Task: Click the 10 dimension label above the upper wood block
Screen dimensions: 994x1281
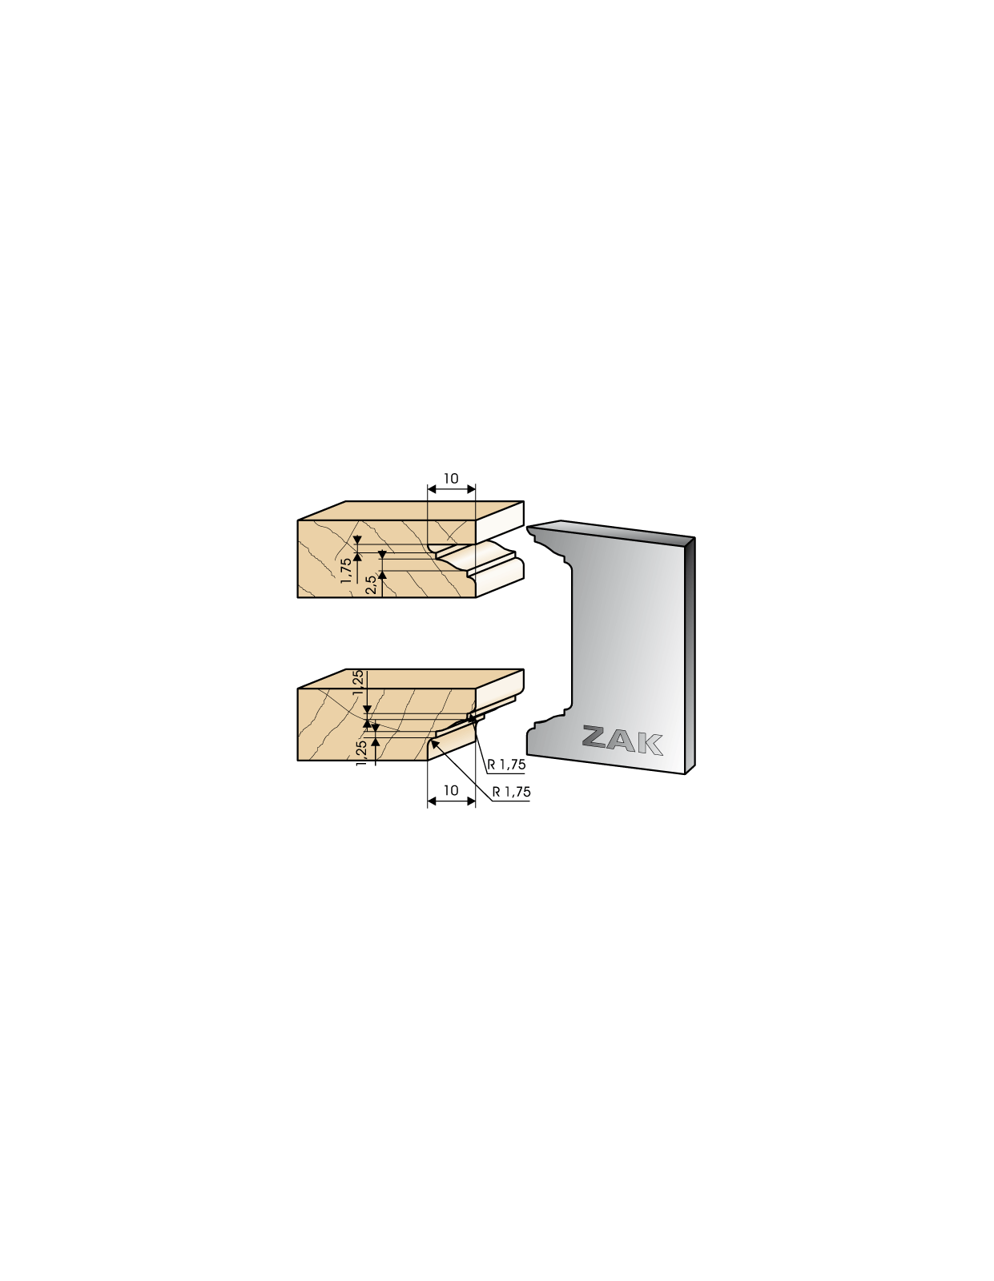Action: tap(450, 479)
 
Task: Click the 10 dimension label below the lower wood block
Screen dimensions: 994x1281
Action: tap(450, 790)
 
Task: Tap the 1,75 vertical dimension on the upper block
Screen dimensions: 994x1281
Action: tap(346, 570)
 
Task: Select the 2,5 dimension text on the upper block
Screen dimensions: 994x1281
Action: tap(371, 587)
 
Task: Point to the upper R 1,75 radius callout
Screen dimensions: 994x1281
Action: tap(506, 765)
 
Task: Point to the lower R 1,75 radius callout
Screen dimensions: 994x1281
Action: tap(512, 792)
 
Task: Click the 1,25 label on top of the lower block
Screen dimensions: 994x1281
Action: tap(358, 683)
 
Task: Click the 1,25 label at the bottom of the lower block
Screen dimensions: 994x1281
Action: tap(362, 753)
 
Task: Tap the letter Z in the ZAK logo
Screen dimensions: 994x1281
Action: tap(598, 737)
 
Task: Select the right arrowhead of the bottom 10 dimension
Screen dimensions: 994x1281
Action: tap(471, 801)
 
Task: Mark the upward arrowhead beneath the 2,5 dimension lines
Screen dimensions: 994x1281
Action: tap(382, 575)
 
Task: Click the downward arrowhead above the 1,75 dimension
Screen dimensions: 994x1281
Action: tap(356, 540)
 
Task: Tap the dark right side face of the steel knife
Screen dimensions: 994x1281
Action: tap(690, 654)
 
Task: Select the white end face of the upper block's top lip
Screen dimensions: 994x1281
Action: tap(499, 522)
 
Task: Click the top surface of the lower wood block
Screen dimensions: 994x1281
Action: tap(411, 678)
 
